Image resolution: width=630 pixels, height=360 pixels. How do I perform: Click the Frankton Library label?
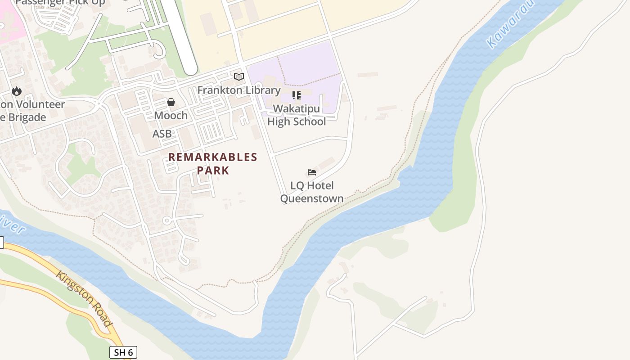239,90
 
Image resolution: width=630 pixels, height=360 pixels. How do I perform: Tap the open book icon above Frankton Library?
239,76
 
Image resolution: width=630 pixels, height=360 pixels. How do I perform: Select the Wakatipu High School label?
297,115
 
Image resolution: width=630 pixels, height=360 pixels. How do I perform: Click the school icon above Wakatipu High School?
297,95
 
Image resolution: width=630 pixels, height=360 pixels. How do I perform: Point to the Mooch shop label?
171,116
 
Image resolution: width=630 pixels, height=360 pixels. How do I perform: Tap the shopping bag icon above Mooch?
171,103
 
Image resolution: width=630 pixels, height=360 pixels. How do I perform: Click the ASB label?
162,134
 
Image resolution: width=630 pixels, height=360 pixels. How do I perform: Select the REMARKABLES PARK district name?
213,163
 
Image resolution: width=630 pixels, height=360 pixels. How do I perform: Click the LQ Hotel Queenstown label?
312,192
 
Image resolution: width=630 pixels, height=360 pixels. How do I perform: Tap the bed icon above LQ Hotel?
312,172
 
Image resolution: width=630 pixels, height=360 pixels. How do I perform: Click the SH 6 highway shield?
123,352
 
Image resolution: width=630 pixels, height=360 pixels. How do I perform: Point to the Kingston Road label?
84,298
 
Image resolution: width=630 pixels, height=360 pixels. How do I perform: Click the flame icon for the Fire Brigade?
17,91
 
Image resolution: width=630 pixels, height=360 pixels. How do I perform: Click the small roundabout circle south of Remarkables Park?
167,220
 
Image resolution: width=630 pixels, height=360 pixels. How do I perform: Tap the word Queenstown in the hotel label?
312,198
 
